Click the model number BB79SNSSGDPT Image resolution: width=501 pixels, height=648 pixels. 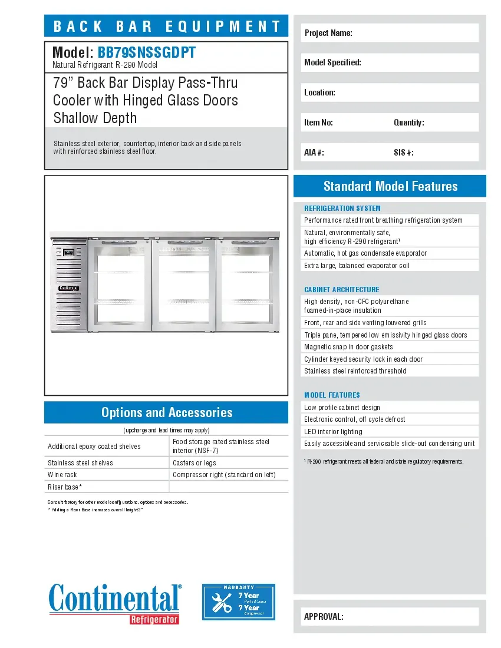coord(146,53)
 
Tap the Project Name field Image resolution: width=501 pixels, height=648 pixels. coord(390,33)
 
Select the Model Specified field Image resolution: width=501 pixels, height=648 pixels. coord(390,62)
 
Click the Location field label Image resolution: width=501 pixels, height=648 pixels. coord(320,92)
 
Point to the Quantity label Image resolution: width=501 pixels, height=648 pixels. coord(409,123)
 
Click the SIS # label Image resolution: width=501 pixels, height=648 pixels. coord(404,153)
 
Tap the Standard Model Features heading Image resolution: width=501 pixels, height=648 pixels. coord(390,186)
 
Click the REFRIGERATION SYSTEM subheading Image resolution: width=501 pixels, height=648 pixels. coord(342,208)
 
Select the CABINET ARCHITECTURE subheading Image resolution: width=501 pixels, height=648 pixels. coord(342,289)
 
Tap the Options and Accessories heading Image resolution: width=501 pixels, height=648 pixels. coord(167,412)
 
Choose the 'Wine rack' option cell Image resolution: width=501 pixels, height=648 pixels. coord(107,475)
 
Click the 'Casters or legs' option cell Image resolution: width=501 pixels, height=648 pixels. coord(229,463)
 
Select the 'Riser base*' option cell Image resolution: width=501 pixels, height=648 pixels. coord(107,487)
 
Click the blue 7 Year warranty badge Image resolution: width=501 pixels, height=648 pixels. coord(239,601)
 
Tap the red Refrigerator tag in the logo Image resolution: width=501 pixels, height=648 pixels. coord(154,619)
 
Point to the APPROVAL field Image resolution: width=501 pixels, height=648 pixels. coord(390,617)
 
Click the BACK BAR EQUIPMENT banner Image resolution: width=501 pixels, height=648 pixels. coord(167,26)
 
